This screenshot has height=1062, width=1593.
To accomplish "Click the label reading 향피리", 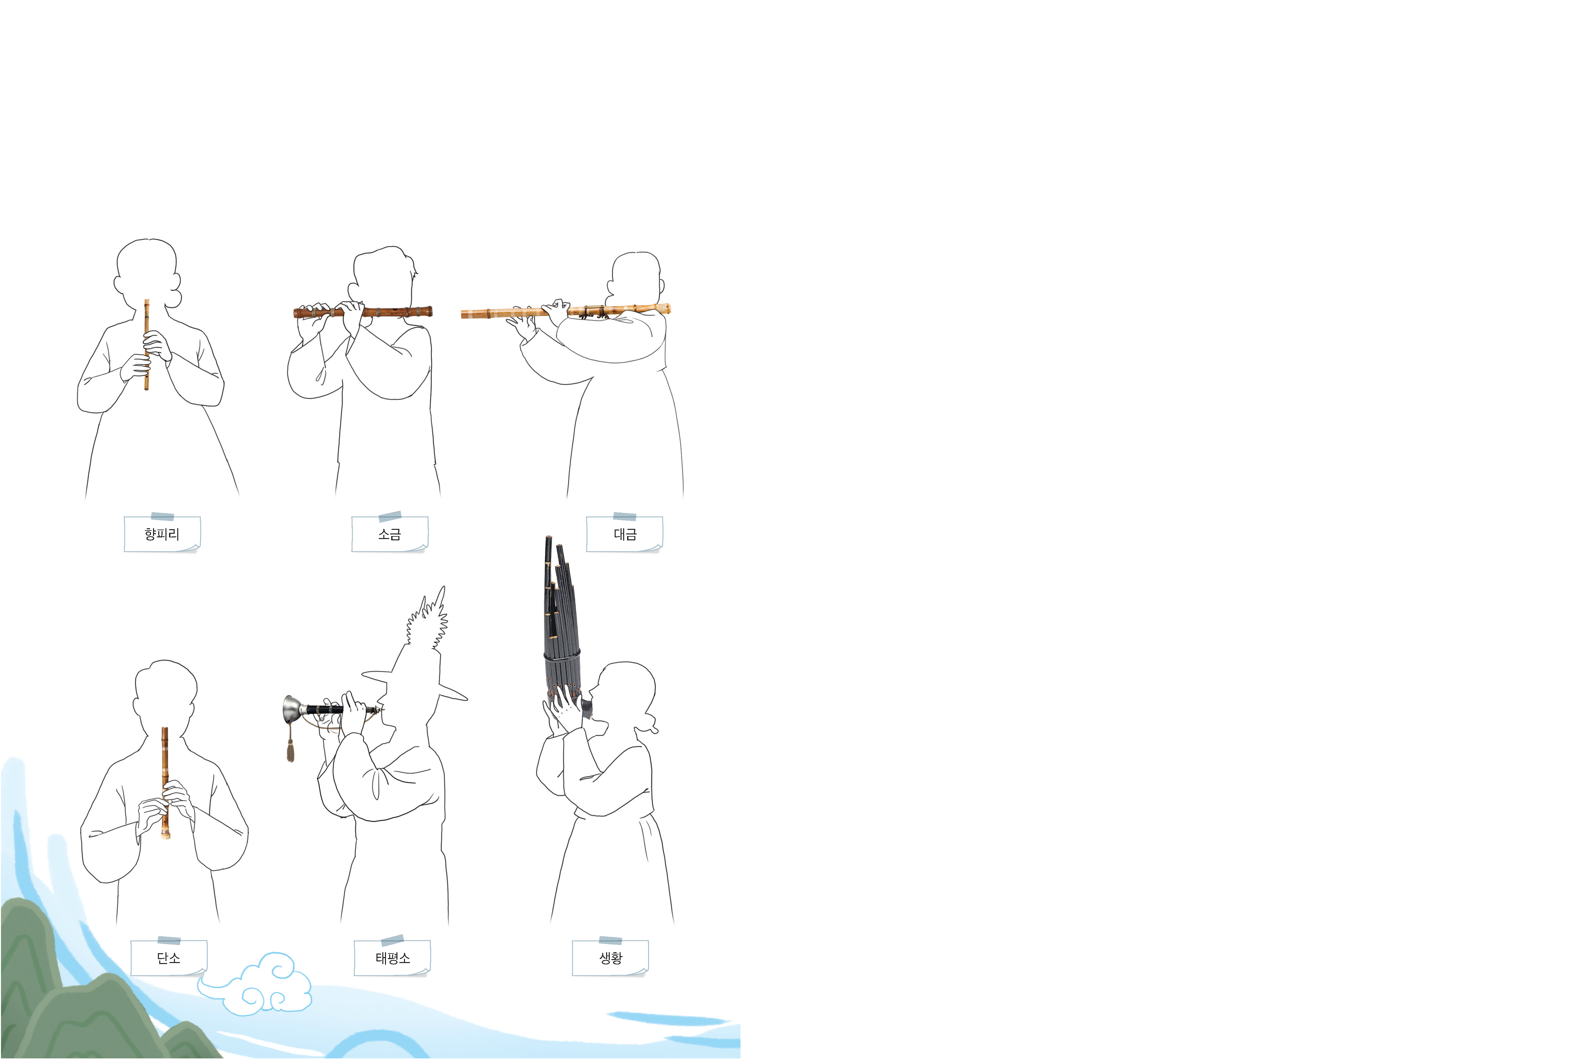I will coord(162,534).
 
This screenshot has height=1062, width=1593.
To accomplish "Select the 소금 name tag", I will coord(390,534).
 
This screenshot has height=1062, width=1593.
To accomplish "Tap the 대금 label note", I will coord(624,534).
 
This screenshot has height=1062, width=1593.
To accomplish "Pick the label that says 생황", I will coord(610,958).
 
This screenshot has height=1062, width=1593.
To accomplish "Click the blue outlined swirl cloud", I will coord(271,985).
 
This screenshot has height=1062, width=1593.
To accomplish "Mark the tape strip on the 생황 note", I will coord(610,940).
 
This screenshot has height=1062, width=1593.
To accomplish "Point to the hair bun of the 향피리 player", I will coord(175,296).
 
